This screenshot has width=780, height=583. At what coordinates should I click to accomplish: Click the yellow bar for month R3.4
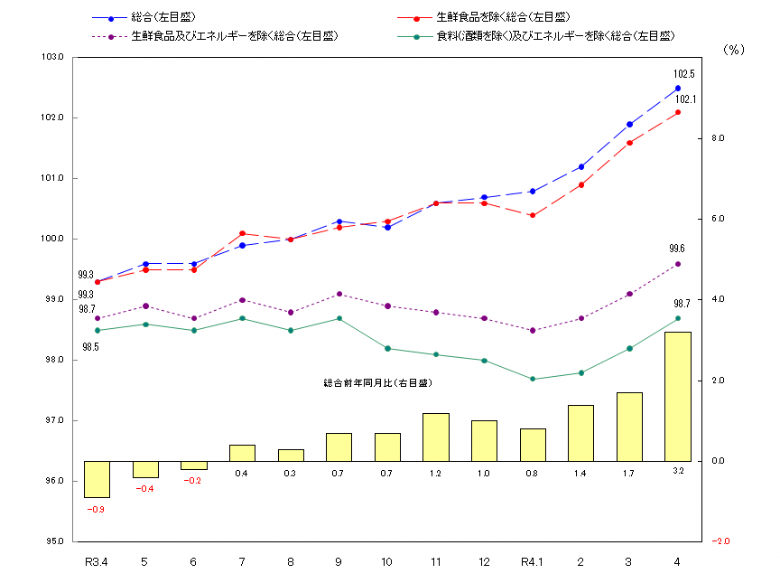coord(97,479)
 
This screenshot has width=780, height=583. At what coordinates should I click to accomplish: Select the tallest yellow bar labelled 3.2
coord(678,396)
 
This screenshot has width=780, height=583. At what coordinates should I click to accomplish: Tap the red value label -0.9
coord(96,510)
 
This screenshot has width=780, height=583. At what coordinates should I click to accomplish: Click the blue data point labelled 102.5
coord(678,88)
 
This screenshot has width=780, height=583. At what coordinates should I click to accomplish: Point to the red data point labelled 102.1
coord(678,112)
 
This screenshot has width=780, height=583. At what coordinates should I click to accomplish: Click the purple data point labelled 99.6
coord(678,264)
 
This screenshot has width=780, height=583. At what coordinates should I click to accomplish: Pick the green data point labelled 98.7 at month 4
coord(678,318)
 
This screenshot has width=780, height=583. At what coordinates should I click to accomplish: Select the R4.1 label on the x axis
coord(533,562)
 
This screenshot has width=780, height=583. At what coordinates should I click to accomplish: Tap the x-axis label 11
coord(436,562)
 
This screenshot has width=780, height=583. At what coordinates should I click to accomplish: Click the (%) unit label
coord(733,51)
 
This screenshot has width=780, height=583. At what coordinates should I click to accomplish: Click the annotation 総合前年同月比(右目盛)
coord(377,383)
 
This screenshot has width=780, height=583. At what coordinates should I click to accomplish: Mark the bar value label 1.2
coord(436,474)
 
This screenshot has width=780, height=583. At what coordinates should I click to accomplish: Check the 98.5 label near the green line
coord(91,346)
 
